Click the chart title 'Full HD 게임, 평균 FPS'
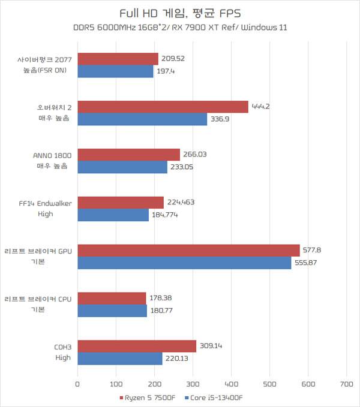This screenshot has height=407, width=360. pos(180,13)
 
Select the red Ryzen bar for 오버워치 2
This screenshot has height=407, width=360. pos(163,107)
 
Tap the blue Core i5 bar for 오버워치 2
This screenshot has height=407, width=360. pos(142,119)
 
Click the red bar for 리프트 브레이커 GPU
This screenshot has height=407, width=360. pos(188,250)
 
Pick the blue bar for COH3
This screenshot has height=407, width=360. pos(120,358)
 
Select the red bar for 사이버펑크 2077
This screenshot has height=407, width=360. pos(118,59)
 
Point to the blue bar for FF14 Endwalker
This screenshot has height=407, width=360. pos(113,215)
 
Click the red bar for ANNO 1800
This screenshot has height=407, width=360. pos(129,155)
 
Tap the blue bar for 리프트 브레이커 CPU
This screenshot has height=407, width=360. pos(112,310)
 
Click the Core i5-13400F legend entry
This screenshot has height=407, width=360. pos(218,397)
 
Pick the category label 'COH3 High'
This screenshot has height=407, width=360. pos(61,352)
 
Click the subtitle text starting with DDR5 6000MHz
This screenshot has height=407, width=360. pos(180,28)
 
